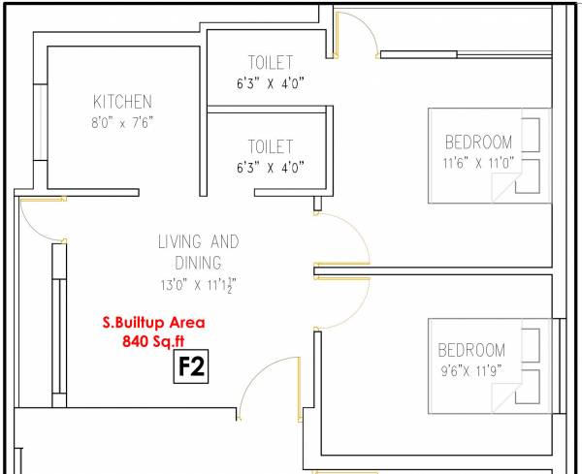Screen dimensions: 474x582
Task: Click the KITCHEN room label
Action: point(122,101)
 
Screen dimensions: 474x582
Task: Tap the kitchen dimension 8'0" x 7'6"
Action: point(122,121)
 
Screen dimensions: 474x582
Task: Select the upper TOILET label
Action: point(270,62)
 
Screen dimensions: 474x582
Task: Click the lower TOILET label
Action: point(270,146)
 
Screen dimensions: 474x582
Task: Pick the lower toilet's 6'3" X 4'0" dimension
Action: point(270,167)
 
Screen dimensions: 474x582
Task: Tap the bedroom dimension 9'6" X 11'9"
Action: point(472,370)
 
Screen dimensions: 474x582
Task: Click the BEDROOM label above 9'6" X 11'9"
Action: point(471,350)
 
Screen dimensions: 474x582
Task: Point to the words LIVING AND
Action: point(198,241)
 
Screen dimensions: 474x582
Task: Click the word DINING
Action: point(198,262)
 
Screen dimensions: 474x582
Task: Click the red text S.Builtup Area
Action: point(154,323)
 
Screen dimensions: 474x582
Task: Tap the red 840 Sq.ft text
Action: point(154,341)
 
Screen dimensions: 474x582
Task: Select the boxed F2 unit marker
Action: point(191,367)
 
